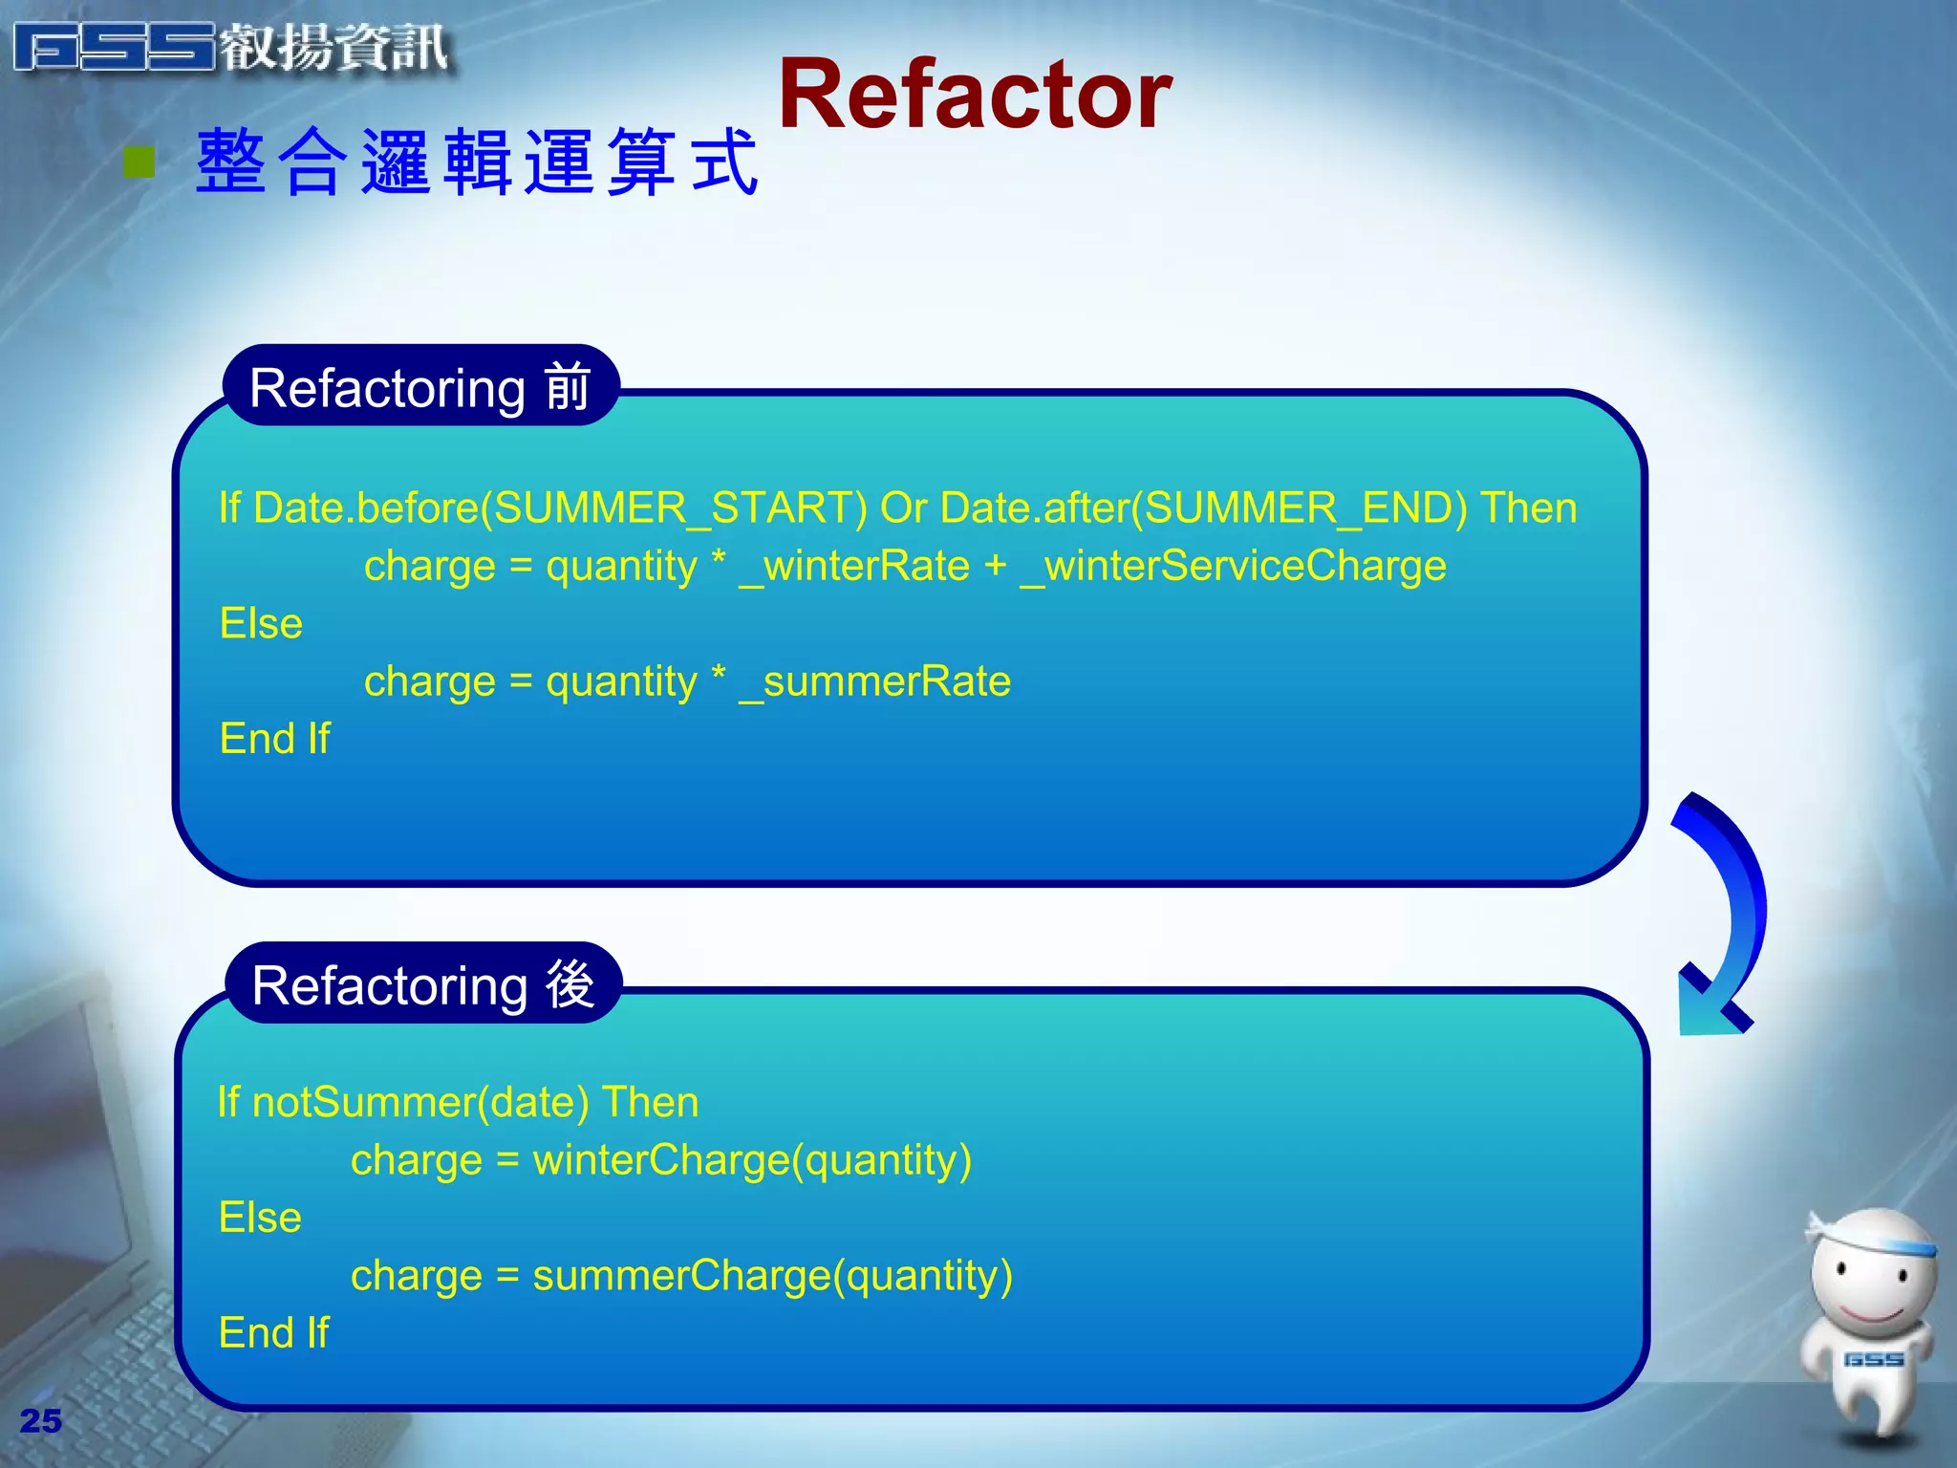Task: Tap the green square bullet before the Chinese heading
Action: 140,162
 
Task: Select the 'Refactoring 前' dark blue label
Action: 420,387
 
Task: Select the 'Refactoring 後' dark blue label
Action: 423,984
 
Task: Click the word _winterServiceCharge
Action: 1233,566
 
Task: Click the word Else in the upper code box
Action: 261,623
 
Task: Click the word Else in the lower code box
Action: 260,1218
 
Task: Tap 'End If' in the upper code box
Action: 274,739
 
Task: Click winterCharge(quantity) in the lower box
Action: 752,1160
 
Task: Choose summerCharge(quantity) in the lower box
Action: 772,1276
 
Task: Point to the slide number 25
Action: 40,1420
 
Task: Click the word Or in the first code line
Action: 903,507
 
